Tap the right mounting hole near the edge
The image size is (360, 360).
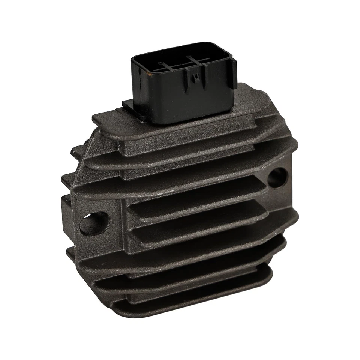277,177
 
